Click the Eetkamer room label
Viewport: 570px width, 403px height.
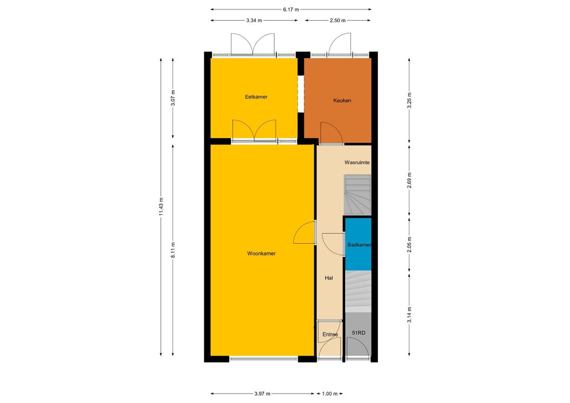tap(256, 97)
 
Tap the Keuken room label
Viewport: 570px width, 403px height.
tap(342, 101)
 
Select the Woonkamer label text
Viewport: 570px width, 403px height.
tap(261, 254)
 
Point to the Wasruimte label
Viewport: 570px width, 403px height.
tap(357, 162)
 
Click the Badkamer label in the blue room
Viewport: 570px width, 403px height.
tap(359, 245)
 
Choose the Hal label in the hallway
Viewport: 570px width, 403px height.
tap(329, 278)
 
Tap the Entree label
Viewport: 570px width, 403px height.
tap(330, 334)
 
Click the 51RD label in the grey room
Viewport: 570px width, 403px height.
tap(358, 333)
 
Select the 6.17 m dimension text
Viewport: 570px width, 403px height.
tap(291, 10)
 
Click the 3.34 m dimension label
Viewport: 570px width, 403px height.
tap(254, 21)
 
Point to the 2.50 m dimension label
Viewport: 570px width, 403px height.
tap(338, 21)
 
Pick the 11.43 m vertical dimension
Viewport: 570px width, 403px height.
tap(161, 207)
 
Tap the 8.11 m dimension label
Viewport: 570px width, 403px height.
tap(173, 250)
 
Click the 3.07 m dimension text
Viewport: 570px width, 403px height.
tap(173, 98)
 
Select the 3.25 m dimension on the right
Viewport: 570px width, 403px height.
tap(410, 101)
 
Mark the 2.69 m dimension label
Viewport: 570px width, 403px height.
tap(410, 180)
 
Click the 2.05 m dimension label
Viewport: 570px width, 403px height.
tap(410, 245)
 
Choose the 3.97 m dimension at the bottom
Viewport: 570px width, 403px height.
tap(262, 394)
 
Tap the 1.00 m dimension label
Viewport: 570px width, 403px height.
tap(330, 394)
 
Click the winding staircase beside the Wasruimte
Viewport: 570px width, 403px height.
tap(358, 195)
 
